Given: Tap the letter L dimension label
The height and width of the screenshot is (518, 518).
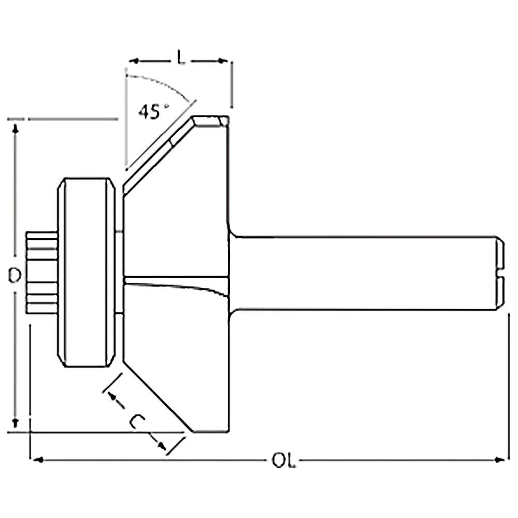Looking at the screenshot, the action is (x=181, y=58).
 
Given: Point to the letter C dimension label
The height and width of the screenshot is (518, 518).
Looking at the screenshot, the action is (x=137, y=422).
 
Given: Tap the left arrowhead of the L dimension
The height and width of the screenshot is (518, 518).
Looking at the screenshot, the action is (x=133, y=61).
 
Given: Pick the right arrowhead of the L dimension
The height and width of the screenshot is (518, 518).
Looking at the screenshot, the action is (x=223, y=61).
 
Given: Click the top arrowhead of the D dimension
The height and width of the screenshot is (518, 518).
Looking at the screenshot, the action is (x=15, y=128).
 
